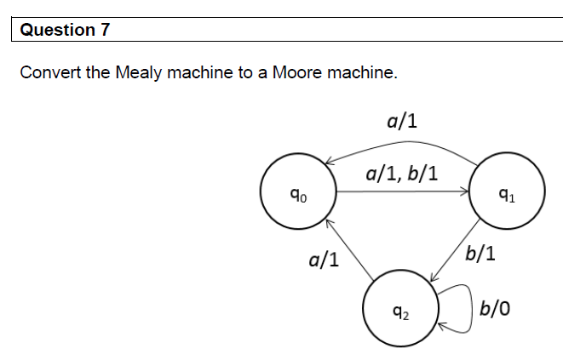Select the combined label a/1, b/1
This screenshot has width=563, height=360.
[402, 174]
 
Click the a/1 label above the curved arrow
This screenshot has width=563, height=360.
[401, 120]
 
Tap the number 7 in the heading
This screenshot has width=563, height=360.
[106, 30]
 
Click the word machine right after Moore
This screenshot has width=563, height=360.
[359, 72]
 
